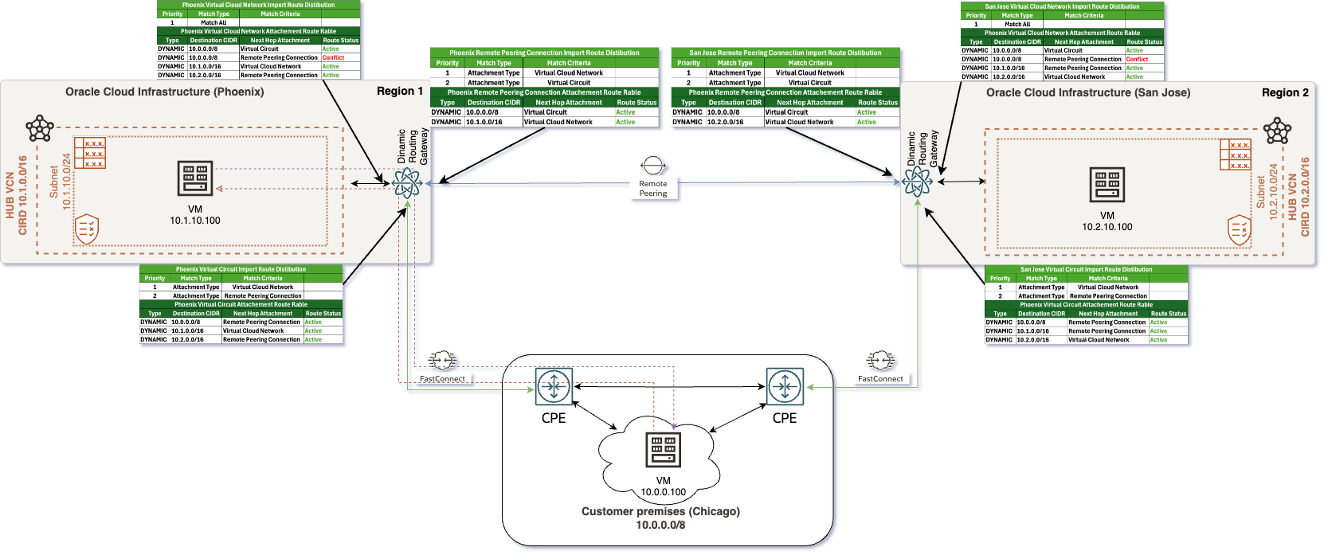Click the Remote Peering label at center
(x=653, y=189)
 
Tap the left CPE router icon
(x=554, y=387)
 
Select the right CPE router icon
(x=785, y=387)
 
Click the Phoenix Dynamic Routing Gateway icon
(x=407, y=183)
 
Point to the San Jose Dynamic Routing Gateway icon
(x=917, y=182)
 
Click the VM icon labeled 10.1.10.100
(x=195, y=178)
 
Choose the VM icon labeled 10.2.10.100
(x=1107, y=185)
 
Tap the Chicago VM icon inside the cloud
(x=664, y=451)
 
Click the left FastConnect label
(x=442, y=379)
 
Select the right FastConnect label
(x=880, y=379)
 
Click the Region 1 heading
(x=400, y=92)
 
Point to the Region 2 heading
(x=1285, y=92)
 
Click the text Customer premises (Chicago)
(x=660, y=511)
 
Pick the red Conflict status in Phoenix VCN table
(x=333, y=57)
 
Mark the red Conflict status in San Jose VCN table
(x=1137, y=59)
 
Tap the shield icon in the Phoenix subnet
(x=87, y=229)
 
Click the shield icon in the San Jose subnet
(x=1240, y=230)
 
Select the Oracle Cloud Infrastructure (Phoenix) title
(x=164, y=92)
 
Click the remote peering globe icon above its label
(x=653, y=166)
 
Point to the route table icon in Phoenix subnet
(x=90, y=153)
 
